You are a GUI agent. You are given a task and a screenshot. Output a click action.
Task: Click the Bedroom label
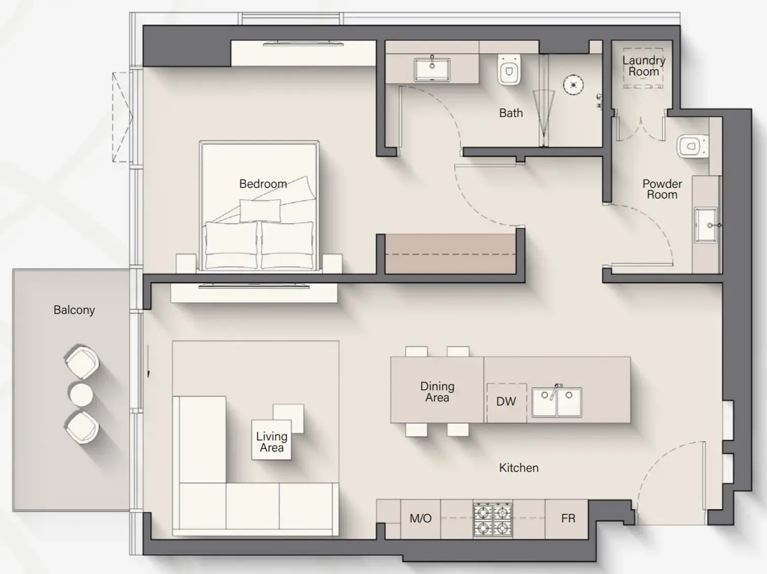click(x=263, y=184)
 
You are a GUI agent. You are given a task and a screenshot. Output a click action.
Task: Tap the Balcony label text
click(x=74, y=310)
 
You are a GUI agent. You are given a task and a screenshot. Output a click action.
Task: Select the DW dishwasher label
click(x=506, y=401)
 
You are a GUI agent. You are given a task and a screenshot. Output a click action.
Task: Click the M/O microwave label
click(x=420, y=518)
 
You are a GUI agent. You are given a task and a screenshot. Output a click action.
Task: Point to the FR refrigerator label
click(x=568, y=518)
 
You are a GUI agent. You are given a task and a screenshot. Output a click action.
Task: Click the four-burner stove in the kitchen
click(x=492, y=519)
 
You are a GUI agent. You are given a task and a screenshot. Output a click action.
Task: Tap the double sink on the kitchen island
click(x=556, y=402)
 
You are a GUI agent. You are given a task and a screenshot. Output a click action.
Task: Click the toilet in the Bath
click(x=509, y=70)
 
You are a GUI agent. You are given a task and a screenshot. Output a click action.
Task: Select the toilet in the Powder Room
click(x=692, y=147)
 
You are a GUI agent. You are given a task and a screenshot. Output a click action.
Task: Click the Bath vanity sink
click(x=432, y=69)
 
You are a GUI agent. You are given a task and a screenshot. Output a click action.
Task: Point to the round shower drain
click(x=573, y=85)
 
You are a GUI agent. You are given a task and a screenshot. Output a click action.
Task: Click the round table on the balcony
click(x=81, y=394)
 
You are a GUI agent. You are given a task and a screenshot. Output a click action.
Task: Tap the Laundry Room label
click(x=643, y=66)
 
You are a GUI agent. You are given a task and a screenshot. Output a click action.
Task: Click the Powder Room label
click(x=662, y=189)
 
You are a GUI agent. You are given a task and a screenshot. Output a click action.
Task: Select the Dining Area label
click(x=437, y=392)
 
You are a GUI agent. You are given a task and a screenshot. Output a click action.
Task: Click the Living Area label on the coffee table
click(x=272, y=441)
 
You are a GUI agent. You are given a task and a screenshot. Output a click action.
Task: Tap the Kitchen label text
click(x=518, y=468)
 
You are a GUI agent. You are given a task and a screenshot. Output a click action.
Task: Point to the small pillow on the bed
click(x=260, y=210)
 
